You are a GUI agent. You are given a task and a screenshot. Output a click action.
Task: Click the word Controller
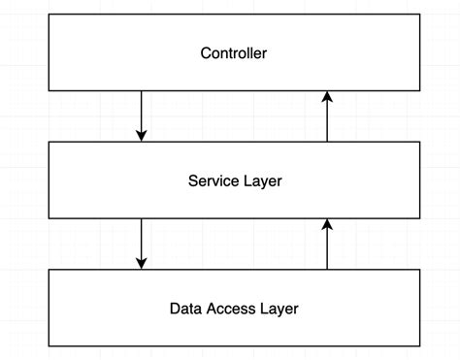(x=234, y=53)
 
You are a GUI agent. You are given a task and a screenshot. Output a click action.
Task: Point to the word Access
(x=231, y=310)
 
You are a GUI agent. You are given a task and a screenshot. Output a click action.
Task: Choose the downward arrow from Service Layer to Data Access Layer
(x=142, y=244)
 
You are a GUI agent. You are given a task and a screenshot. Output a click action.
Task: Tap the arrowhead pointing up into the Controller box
(x=327, y=97)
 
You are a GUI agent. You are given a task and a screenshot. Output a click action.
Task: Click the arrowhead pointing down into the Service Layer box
(x=142, y=136)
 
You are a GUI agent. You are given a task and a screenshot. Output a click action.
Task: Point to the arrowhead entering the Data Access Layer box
(x=142, y=263)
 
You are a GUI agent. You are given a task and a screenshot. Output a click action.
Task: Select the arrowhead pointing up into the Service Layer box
(x=327, y=224)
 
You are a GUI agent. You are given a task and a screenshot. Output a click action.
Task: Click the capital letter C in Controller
(x=206, y=53)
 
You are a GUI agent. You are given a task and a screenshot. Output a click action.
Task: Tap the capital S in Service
(x=192, y=180)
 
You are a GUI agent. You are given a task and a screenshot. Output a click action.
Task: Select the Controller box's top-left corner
(x=49, y=15)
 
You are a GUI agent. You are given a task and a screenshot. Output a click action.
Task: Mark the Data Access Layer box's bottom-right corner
(x=420, y=346)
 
